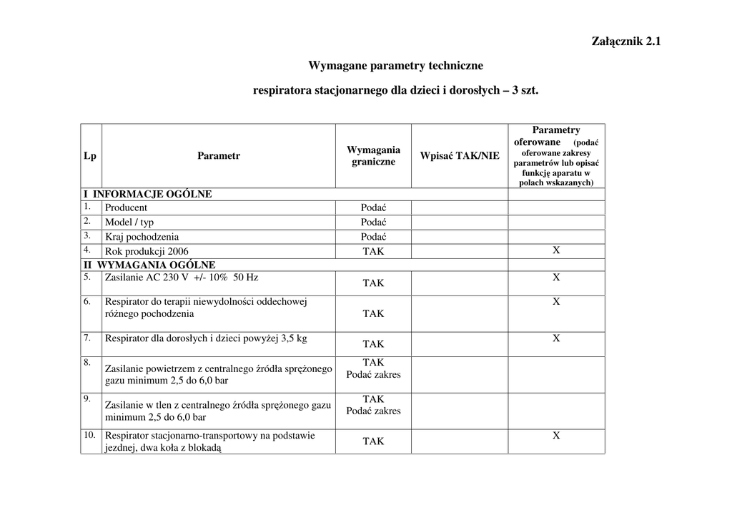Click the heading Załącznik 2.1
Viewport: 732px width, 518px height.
[x=626, y=41]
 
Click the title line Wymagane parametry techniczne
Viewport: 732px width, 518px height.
[x=395, y=66]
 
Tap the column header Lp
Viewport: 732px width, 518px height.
[x=90, y=156]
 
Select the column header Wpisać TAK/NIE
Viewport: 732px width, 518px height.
[x=460, y=156]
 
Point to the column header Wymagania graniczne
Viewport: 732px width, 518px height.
[x=373, y=156]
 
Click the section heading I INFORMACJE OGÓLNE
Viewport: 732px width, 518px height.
[x=148, y=194]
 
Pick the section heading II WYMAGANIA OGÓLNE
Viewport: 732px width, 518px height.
[x=149, y=265]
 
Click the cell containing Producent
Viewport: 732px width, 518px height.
[x=127, y=207]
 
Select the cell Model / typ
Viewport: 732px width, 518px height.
[x=129, y=222]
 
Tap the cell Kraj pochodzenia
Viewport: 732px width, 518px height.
[x=142, y=236]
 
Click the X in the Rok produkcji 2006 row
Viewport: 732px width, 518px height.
[x=556, y=250]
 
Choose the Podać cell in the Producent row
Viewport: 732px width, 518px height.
[x=373, y=207]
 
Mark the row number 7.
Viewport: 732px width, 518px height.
[x=87, y=337]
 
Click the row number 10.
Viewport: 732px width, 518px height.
[x=89, y=434]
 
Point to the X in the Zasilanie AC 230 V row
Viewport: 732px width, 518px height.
[x=556, y=277]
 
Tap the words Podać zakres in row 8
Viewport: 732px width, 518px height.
[x=373, y=374]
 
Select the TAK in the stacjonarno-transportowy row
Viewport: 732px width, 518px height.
[x=373, y=441]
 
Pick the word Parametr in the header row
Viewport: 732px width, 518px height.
[x=219, y=156]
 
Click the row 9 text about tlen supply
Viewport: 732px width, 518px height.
[x=218, y=411]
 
